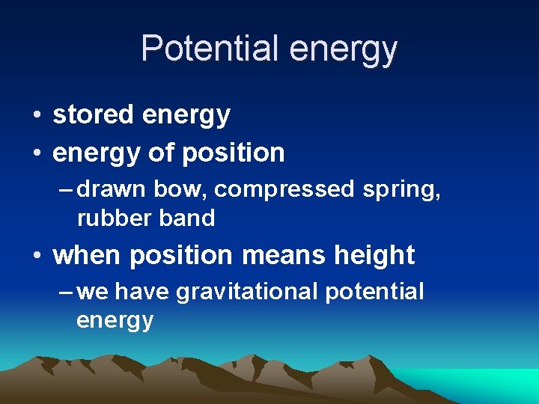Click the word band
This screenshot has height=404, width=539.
pos(185,218)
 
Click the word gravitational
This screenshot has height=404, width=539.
pos(247,292)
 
